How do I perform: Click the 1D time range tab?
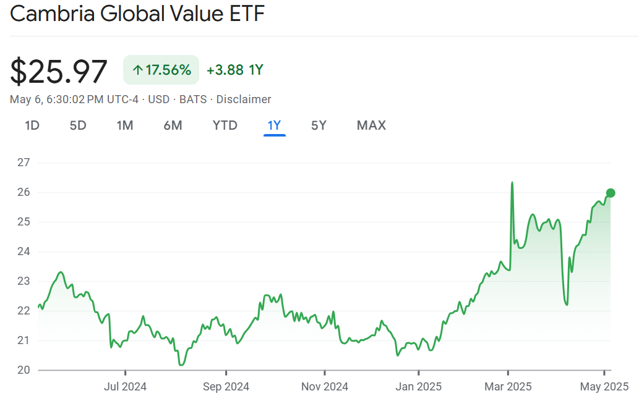[x=32, y=125]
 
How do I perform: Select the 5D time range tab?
[x=78, y=125]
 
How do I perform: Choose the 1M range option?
[x=125, y=125]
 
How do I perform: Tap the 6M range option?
[x=173, y=125]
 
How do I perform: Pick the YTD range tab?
[x=225, y=125]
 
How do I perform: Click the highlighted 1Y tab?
[x=274, y=125]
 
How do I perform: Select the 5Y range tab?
[x=319, y=125]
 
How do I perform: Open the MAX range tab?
[x=371, y=125]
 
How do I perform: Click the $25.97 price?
[x=59, y=72]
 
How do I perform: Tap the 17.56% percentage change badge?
[x=161, y=70]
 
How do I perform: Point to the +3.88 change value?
[x=225, y=70]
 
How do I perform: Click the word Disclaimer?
[x=243, y=99]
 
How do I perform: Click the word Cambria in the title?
[x=51, y=14]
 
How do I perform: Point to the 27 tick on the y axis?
[x=24, y=162]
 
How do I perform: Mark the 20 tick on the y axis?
[x=24, y=370]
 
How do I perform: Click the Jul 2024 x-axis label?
[x=125, y=387]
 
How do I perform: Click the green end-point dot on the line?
[x=611, y=193]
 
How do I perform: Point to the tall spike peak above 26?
[x=512, y=183]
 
